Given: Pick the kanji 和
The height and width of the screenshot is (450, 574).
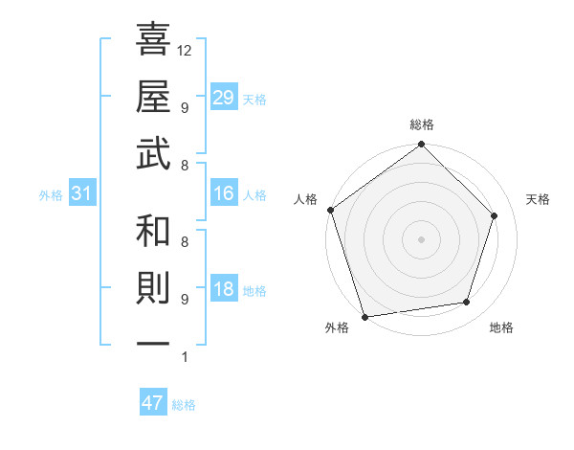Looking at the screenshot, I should point(154,233).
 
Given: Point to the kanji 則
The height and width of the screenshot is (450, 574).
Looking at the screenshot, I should point(154,289).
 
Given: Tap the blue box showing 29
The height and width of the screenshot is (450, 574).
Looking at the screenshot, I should point(224,97).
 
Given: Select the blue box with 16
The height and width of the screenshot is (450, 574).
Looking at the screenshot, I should point(224,193).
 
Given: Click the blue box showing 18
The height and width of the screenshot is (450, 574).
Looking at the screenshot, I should point(224,289).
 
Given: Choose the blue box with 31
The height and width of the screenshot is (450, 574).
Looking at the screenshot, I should point(82,193).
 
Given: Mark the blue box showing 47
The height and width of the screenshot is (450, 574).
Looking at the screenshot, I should point(153,403).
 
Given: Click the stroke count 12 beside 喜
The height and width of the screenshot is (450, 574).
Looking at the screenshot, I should point(185,50).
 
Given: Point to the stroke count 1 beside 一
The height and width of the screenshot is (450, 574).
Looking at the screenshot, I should point(184,358).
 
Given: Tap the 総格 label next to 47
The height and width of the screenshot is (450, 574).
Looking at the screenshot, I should point(184,405).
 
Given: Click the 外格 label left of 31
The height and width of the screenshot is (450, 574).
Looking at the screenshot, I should point(51,195).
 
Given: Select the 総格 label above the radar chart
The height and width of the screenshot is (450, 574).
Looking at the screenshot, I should point(422,125).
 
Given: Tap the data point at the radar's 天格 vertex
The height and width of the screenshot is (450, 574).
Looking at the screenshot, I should point(495,215).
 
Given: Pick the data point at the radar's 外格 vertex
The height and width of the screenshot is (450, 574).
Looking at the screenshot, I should point(364,315).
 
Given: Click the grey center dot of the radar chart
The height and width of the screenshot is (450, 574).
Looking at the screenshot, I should point(421,238).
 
